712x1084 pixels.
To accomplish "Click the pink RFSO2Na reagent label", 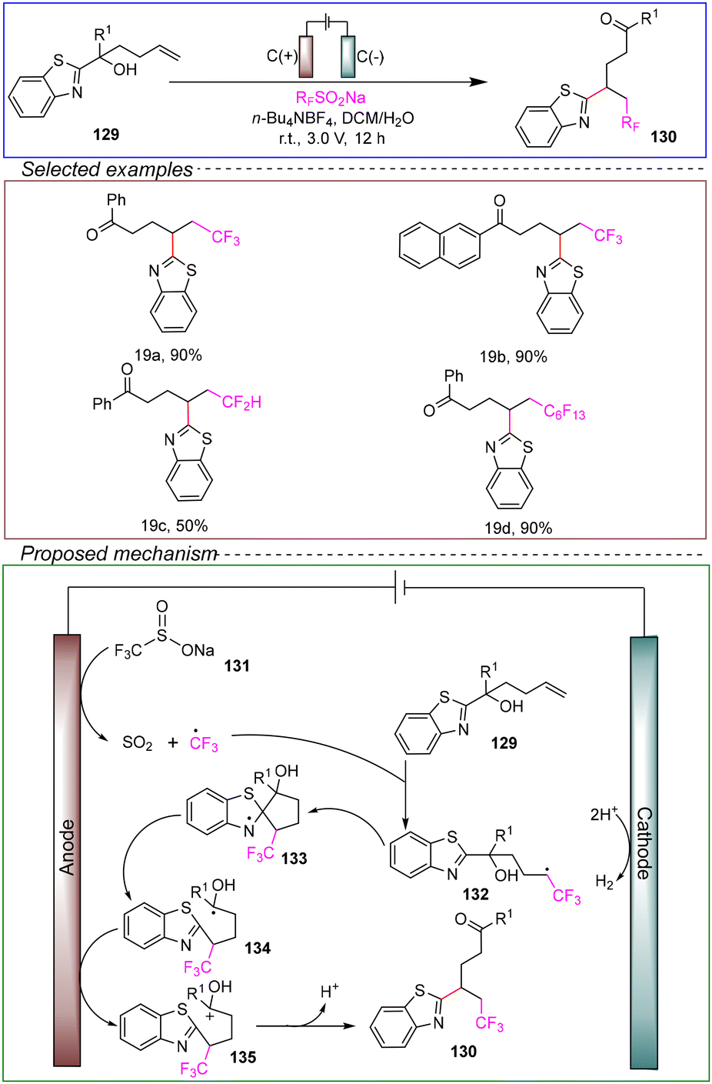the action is [331, 98].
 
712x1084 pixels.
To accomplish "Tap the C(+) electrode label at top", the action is [282, 57].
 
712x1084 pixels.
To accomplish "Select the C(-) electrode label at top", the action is [371, 57].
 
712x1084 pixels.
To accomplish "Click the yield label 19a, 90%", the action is [168, 355].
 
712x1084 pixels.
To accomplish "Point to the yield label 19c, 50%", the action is [174, 525].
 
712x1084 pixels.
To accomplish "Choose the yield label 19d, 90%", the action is [518, 528].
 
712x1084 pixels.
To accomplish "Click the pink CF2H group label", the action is [242, 402].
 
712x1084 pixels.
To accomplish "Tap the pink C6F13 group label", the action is [564, 412].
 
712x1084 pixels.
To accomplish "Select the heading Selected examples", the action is [107, 169].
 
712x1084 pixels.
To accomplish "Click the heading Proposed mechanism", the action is [118, 553].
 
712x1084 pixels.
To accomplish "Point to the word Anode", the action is [67, 847].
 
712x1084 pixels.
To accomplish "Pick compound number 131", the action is [237, 666].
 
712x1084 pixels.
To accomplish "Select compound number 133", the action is [294, 858].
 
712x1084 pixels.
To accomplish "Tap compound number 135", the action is [243, 1057].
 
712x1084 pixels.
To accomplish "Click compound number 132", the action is [475, 894].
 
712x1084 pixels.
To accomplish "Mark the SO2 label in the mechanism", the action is [138, 742].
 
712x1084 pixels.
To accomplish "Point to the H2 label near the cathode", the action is [604, 882].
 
